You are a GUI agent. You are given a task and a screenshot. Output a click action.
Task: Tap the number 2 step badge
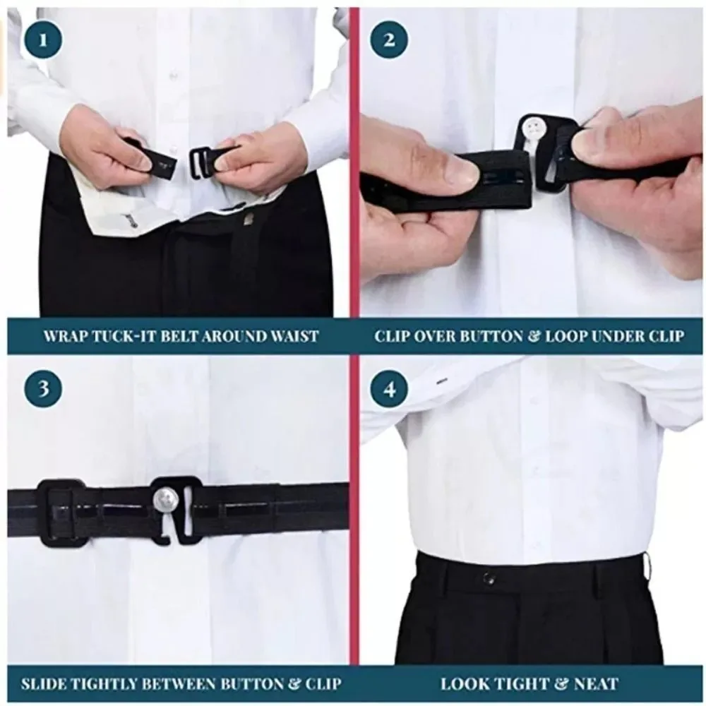click(x=390, y=40)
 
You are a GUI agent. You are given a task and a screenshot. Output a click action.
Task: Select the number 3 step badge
click(x=43, y=389)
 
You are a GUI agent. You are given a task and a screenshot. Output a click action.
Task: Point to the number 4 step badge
click(x=390, y=389)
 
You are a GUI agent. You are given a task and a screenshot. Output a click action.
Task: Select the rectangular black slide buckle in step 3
click(x=60, y=513)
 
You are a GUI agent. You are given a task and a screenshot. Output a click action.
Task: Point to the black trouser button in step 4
click(x=488, y=578)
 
